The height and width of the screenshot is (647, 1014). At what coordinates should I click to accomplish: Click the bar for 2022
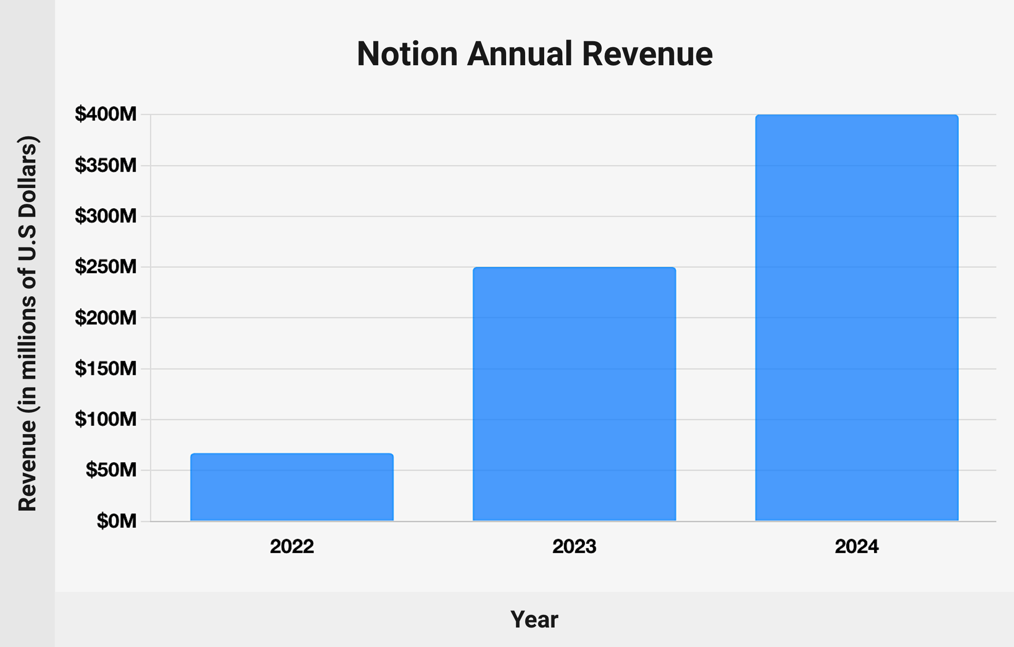pos(292,487)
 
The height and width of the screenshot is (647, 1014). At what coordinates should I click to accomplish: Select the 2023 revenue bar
pos(574,394)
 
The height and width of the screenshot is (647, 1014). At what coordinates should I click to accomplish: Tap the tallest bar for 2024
pos(856,318)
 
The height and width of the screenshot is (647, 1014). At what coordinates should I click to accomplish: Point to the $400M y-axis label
pos(106,114)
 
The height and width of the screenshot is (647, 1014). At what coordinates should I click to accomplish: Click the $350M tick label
pos(106,165)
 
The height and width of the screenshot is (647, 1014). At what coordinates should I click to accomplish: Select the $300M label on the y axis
pos(106,216)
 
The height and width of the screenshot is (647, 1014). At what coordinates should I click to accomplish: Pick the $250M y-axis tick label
pos(106,267)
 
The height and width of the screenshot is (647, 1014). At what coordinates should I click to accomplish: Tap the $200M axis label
pos(106,318)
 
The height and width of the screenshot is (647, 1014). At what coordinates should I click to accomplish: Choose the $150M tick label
pos(106,369)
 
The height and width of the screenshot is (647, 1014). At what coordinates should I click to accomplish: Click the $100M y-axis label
pos(106,420)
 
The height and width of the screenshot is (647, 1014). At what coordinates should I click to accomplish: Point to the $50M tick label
pos(111,470)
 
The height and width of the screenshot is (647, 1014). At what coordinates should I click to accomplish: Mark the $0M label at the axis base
pos(116,521)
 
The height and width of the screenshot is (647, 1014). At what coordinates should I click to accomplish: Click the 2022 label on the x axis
pos(292,546)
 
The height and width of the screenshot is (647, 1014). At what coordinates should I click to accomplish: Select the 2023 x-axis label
pos(574,546)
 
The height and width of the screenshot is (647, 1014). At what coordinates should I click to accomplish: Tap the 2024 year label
pos(856,546)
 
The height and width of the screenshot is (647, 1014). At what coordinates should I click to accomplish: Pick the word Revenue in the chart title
pos(647,54)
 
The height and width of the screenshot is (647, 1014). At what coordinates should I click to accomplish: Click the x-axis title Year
pos(534,619)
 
